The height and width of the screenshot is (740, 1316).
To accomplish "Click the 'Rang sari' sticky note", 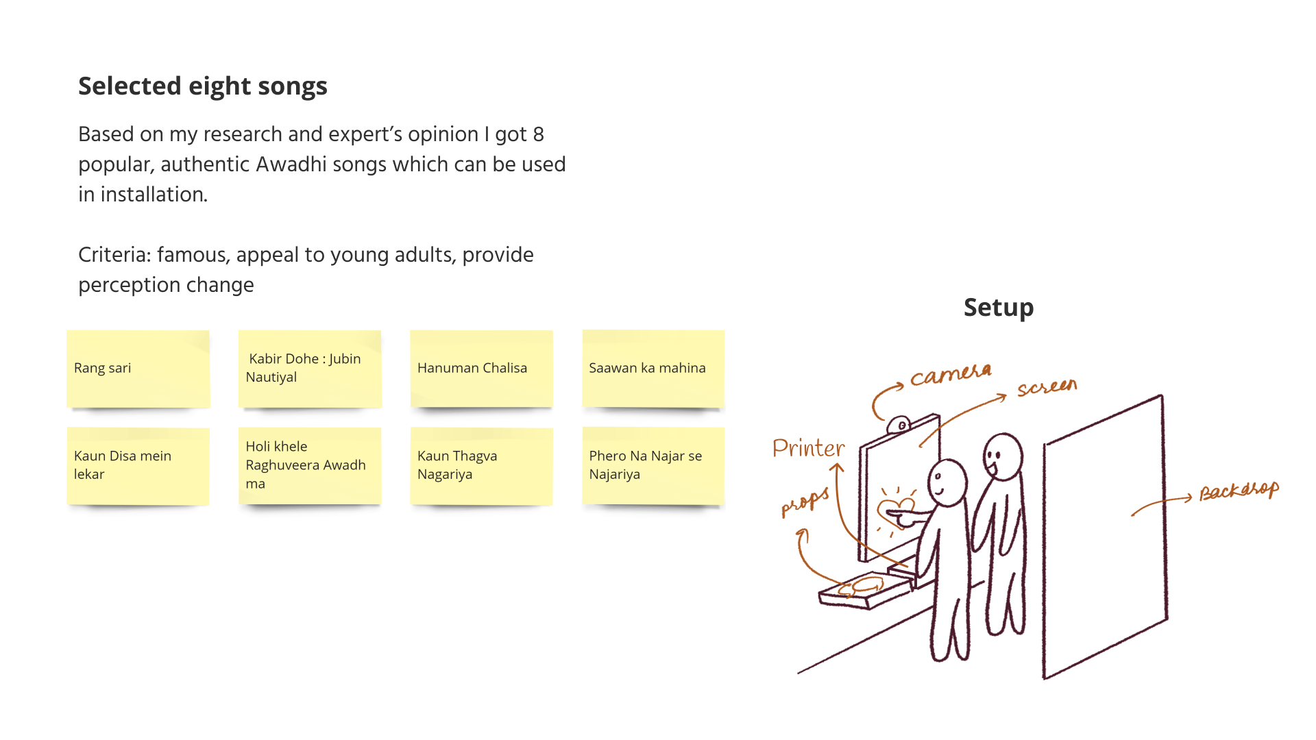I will pos(138,369).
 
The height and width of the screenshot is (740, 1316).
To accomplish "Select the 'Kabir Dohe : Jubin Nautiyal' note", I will pos(310,369).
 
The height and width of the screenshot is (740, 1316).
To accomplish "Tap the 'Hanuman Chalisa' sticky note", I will pos(481,369).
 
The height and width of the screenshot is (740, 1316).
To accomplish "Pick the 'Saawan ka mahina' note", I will pos(653,369).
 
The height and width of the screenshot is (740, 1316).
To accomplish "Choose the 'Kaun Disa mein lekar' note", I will pos(138,466).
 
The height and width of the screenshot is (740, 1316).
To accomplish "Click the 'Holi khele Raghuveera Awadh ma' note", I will pos(310,466).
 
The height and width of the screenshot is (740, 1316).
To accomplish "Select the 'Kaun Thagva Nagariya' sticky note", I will pos(481,466).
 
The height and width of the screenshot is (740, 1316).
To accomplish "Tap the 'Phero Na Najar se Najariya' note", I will pos(653,466).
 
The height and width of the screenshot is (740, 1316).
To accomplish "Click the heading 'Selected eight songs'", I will pos(203,86).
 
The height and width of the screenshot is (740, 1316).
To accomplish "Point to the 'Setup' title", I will pos(998,308).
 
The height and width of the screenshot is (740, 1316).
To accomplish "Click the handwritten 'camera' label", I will pos(951,375).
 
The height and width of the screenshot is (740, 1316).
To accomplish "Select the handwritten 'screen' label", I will pos(1047,388).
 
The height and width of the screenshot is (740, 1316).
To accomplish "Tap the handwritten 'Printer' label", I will pos(809,448).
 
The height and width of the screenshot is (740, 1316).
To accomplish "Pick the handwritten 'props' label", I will pos(805,502).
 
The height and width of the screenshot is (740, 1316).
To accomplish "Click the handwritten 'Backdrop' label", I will pos(1239,491).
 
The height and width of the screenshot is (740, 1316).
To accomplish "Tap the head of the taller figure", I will pos(1003,455).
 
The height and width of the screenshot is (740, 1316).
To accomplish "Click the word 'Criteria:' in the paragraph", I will pos(114,255).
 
